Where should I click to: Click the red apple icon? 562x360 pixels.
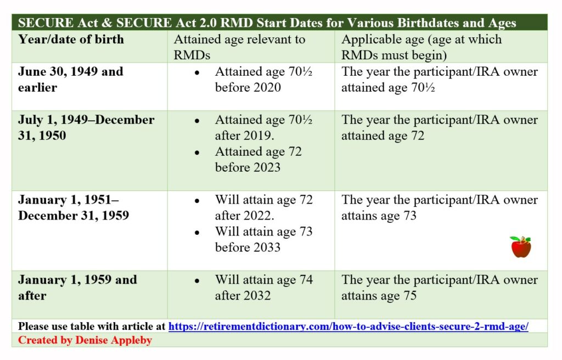(x=521, y=247)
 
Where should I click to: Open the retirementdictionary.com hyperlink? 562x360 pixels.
(x=349, y=327)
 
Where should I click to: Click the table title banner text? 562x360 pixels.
(x=267, y=22)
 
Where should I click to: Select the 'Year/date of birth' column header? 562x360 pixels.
(x=71, y=39)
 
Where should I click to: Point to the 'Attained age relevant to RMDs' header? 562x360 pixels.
(x=239, y=47)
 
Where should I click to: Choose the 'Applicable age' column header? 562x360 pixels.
(x=421, y=47)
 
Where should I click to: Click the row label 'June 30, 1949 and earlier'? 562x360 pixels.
(x=71, y=79)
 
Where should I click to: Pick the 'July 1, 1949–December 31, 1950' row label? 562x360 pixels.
(x=86, y=127)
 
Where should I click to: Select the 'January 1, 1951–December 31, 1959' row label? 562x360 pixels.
(x=74, y=207)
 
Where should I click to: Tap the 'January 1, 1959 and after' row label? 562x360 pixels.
(x=77, y=288)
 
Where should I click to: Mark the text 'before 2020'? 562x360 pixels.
(x=248, y=87)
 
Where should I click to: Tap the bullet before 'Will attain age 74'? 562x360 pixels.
(x=197, y=281)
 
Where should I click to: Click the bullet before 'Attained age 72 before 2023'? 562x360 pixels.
(x=197, y=153)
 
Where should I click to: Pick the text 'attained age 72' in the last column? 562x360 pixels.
(x=383, y=136)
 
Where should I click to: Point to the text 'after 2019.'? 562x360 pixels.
(x=244, y=136)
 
